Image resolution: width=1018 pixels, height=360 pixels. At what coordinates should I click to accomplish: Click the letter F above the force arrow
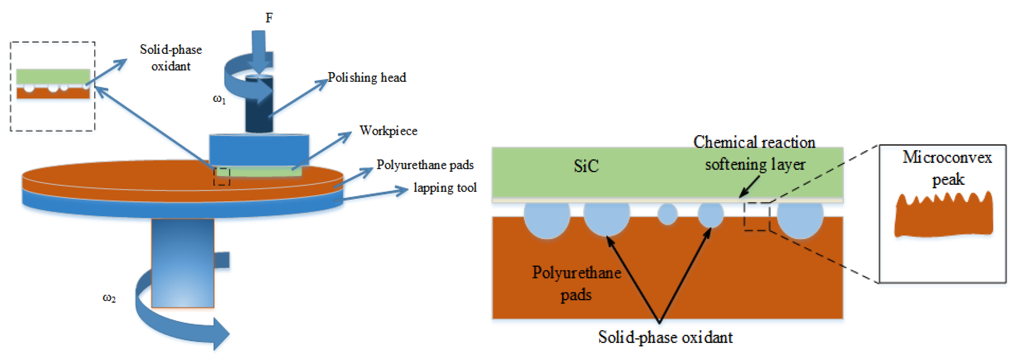pyautogui.click(x=269, y=18)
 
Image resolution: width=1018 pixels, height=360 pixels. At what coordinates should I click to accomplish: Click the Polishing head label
pyautogui.click(x=367, y=78)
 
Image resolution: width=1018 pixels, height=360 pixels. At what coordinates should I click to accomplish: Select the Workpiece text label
pyautogui.click(x=388, y=131)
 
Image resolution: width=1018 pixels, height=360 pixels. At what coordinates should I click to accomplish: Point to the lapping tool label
pyautogui.click(x=445, y=188)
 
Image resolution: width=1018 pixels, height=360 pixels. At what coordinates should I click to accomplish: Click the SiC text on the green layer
pyautogui.click(x=586, y=166)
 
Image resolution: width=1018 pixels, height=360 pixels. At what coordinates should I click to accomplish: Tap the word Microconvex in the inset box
pyautogui.click(x=947, y=157)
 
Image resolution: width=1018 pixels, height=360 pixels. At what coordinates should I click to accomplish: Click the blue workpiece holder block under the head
pyautogui.click(x=259, y=150)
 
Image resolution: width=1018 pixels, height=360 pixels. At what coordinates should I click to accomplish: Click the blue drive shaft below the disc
pyautogui.click(x=183, y=263)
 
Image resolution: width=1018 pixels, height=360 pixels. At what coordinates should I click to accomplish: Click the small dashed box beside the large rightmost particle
pyautogui.click(x=757, y=217)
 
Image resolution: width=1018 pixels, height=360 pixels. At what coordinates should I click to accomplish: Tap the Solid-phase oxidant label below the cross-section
pyautogui.click(x=665, y=337)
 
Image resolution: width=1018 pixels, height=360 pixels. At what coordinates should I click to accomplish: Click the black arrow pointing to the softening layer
pyautogui.click(x=749, y=186)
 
